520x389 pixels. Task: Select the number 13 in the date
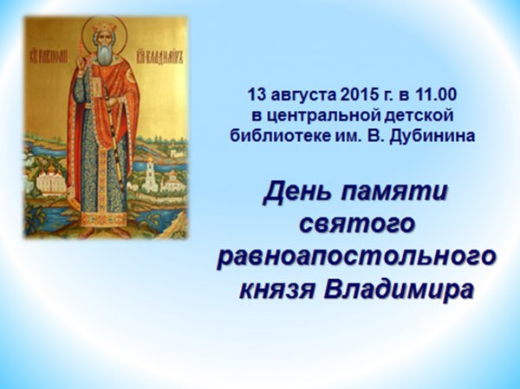click(x=257, y=94)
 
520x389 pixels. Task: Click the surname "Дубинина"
click(x=432, y=137)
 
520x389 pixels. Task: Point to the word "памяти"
click(x=394, y=193)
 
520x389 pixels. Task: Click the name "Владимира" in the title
click(x=398, y=289)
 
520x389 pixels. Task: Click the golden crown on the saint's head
click(x=102, y=26)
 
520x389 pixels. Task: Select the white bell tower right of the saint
click(x=150, y=172)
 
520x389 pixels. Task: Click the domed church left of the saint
click(x=49, y=181)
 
